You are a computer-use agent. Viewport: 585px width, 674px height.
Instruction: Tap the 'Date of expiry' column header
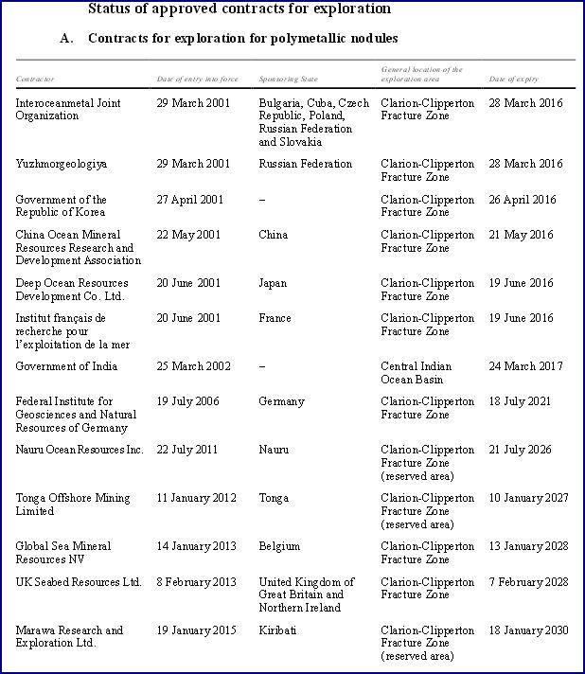click(513, 79)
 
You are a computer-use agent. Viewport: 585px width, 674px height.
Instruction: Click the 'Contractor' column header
click(35, 79)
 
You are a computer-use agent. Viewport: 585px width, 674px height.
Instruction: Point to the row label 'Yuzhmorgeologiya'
click(62, 164)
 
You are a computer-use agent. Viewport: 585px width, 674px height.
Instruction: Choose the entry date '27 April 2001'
click(189, 200)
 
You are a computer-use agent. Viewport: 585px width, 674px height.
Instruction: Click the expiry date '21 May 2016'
click(522, 235)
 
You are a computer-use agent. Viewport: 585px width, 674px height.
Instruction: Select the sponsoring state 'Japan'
click(274, 283)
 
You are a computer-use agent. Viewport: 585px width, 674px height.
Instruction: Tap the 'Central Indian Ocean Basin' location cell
click(416, 373)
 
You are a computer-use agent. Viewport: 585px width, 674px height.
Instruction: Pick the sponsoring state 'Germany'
click(281, 401)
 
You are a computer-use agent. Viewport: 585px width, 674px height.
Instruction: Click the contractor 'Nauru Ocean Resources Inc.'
click(80, 450)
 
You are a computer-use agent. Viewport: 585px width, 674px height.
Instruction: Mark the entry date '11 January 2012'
click(197, 498)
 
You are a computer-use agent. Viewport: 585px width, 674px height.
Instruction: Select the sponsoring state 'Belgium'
click(279, 546)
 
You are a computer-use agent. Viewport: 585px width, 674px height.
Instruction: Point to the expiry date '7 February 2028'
click(527, 582)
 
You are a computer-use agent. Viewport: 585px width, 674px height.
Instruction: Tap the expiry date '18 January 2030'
click(528, 630)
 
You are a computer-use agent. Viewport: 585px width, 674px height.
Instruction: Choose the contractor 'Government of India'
click(61, 366)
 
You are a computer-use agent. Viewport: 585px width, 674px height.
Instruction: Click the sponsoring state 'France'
click(275, 319)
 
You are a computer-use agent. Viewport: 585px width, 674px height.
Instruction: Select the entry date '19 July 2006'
click(187, 401)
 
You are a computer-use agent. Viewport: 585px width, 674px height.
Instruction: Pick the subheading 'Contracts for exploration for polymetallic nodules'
click(242, 39)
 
